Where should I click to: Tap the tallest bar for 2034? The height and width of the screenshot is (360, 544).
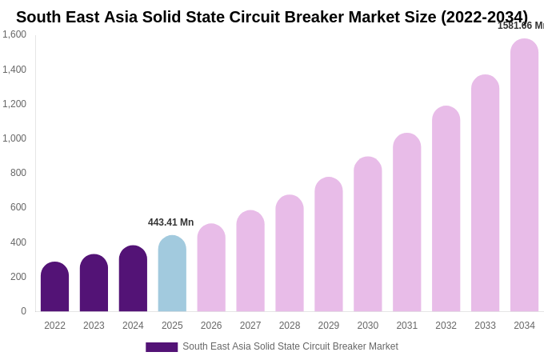point(524,175)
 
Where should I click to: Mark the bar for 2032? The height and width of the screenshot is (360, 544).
point(446,209)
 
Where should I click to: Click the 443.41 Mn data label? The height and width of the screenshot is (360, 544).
point(170,222)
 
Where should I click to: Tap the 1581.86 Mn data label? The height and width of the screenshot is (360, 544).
point(521,26)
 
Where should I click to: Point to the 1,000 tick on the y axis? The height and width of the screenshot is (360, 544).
point(14,138)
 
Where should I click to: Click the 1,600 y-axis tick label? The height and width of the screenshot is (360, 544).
point(14,34)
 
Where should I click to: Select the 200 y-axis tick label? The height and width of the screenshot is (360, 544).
point(18,277)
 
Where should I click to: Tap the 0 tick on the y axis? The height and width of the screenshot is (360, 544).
point(23,311)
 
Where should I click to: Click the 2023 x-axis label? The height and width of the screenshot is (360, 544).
point(94,326)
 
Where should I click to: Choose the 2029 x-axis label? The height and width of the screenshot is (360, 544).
point(329,326)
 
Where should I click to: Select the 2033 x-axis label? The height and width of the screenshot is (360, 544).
point(485,326)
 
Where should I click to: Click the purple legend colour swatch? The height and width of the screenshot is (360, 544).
point(162,347)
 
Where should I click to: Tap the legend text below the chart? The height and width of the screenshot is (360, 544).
point(290,346)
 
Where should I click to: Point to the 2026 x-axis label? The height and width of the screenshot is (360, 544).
point(211,326)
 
